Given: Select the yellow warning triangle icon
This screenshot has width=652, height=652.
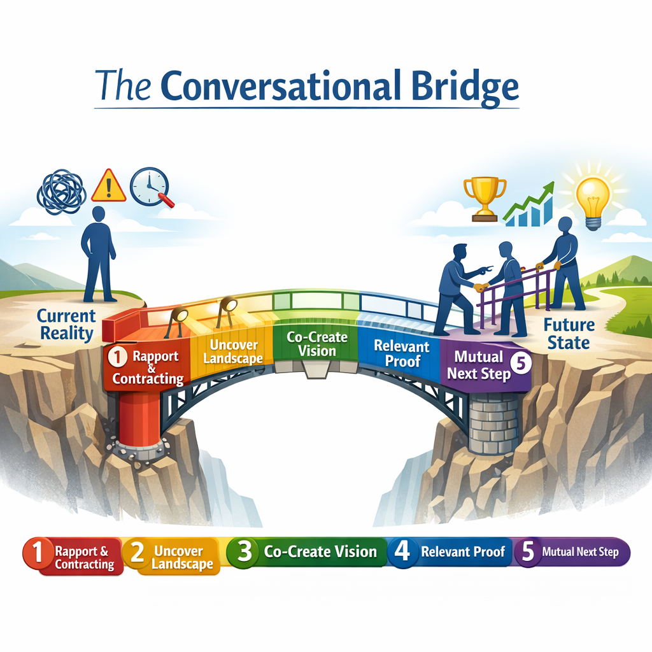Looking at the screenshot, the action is pos(108,185).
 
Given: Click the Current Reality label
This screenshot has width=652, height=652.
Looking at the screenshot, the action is pos(66,324).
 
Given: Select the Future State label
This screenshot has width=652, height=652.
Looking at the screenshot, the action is pos(569,334).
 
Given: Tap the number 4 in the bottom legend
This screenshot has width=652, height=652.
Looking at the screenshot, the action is pos(402,551).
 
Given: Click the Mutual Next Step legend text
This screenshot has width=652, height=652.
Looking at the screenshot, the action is pos(579,552).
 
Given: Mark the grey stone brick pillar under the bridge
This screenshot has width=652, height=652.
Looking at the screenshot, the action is pos(493,423).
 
